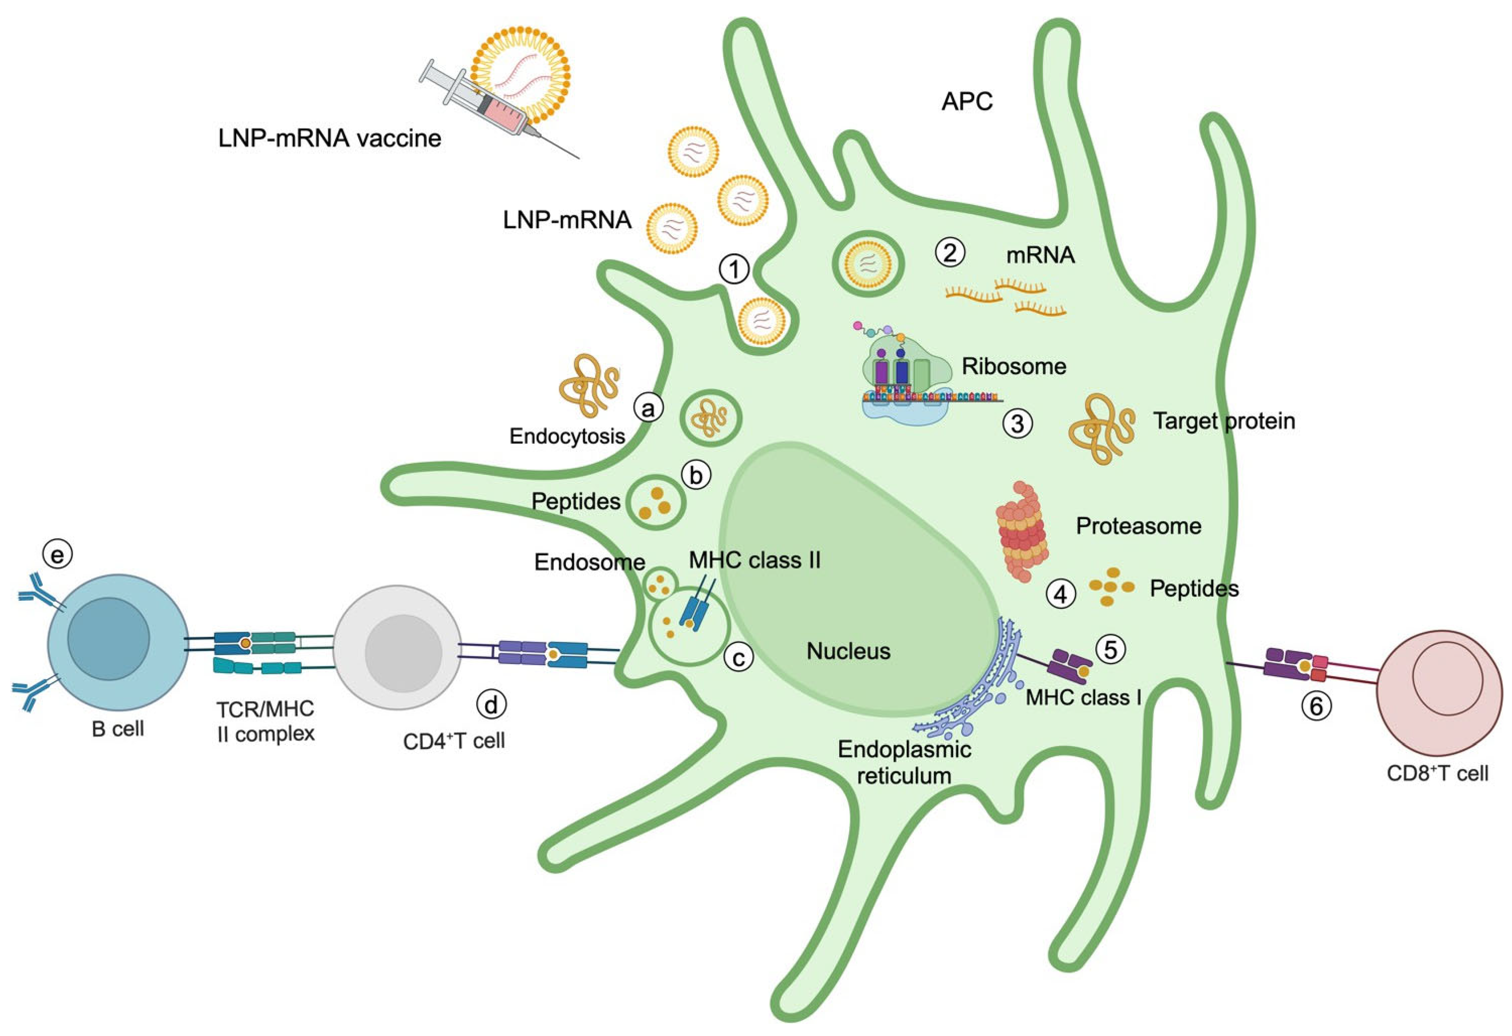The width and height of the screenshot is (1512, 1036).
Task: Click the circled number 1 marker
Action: click(x=734, y=269)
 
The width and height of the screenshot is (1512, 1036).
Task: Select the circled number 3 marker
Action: click(x=1017, y=424)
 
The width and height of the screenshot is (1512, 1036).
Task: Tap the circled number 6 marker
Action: click(x=1316, y=706)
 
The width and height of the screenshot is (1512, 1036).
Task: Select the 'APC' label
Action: click(x=967, y=102)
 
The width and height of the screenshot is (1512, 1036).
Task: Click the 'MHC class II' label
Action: click(x=755, y=560)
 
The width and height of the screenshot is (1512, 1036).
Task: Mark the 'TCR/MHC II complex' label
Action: click(x=266, y=720)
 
